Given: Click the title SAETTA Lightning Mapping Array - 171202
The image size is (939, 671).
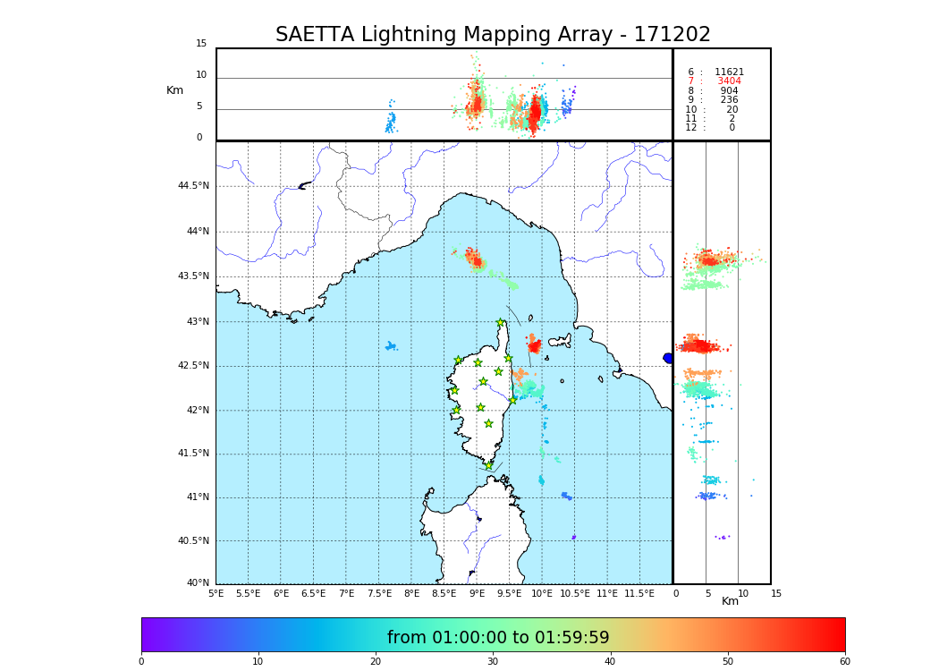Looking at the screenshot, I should click(493, 35).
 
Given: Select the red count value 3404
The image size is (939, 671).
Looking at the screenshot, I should click(729, 81).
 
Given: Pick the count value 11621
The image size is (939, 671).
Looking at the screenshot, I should click(729, 72).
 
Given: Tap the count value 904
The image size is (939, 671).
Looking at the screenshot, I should click(729, 91).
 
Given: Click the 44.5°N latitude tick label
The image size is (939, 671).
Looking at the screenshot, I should click(192, 186).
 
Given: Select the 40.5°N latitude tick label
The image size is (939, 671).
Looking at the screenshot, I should click(192, 541).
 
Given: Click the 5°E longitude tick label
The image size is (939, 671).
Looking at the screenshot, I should click(216, 594).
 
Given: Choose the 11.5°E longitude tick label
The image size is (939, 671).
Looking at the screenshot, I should click(639, 594).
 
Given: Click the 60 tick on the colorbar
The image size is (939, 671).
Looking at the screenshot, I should click(845, 662).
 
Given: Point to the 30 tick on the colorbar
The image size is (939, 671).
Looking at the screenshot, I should click(493, 662).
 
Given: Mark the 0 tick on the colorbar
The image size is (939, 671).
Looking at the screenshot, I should click(141, 662).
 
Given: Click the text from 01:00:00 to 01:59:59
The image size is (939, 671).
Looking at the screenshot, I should click(498, 638).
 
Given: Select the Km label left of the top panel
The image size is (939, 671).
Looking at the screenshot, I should click(174, 90).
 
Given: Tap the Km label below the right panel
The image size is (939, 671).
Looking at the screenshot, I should click(731, 601).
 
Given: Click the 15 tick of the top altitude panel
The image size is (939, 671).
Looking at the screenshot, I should click(201, 44).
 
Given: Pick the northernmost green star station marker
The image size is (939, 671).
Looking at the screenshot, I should click(501, 323).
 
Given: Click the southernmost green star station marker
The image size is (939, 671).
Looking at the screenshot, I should click(489, 465).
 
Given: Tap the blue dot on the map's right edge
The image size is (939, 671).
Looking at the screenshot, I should click(668, 358).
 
